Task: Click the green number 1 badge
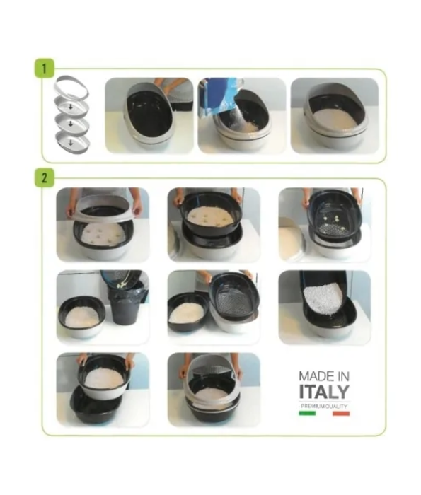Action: (x=44, y=68)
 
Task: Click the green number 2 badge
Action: (x=44, y=177)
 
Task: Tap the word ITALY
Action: (x=324, y=392)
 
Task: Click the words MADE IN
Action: (x=324, y=376)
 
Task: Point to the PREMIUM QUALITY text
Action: (x=324, y=407)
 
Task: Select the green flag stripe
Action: (x=307, y=413)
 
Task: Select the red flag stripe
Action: (x=341, y=413)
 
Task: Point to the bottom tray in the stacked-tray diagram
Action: (x=73, y=142)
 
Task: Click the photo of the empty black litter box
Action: (x=149, y=115)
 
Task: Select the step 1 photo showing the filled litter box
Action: (x=335, y=115)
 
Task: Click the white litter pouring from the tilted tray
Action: (x=323, y=298)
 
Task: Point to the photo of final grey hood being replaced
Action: (x=214, y=390)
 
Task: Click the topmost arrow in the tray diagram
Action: (x=71, y=107)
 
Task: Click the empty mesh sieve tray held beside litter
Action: (x=233, y=297)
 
